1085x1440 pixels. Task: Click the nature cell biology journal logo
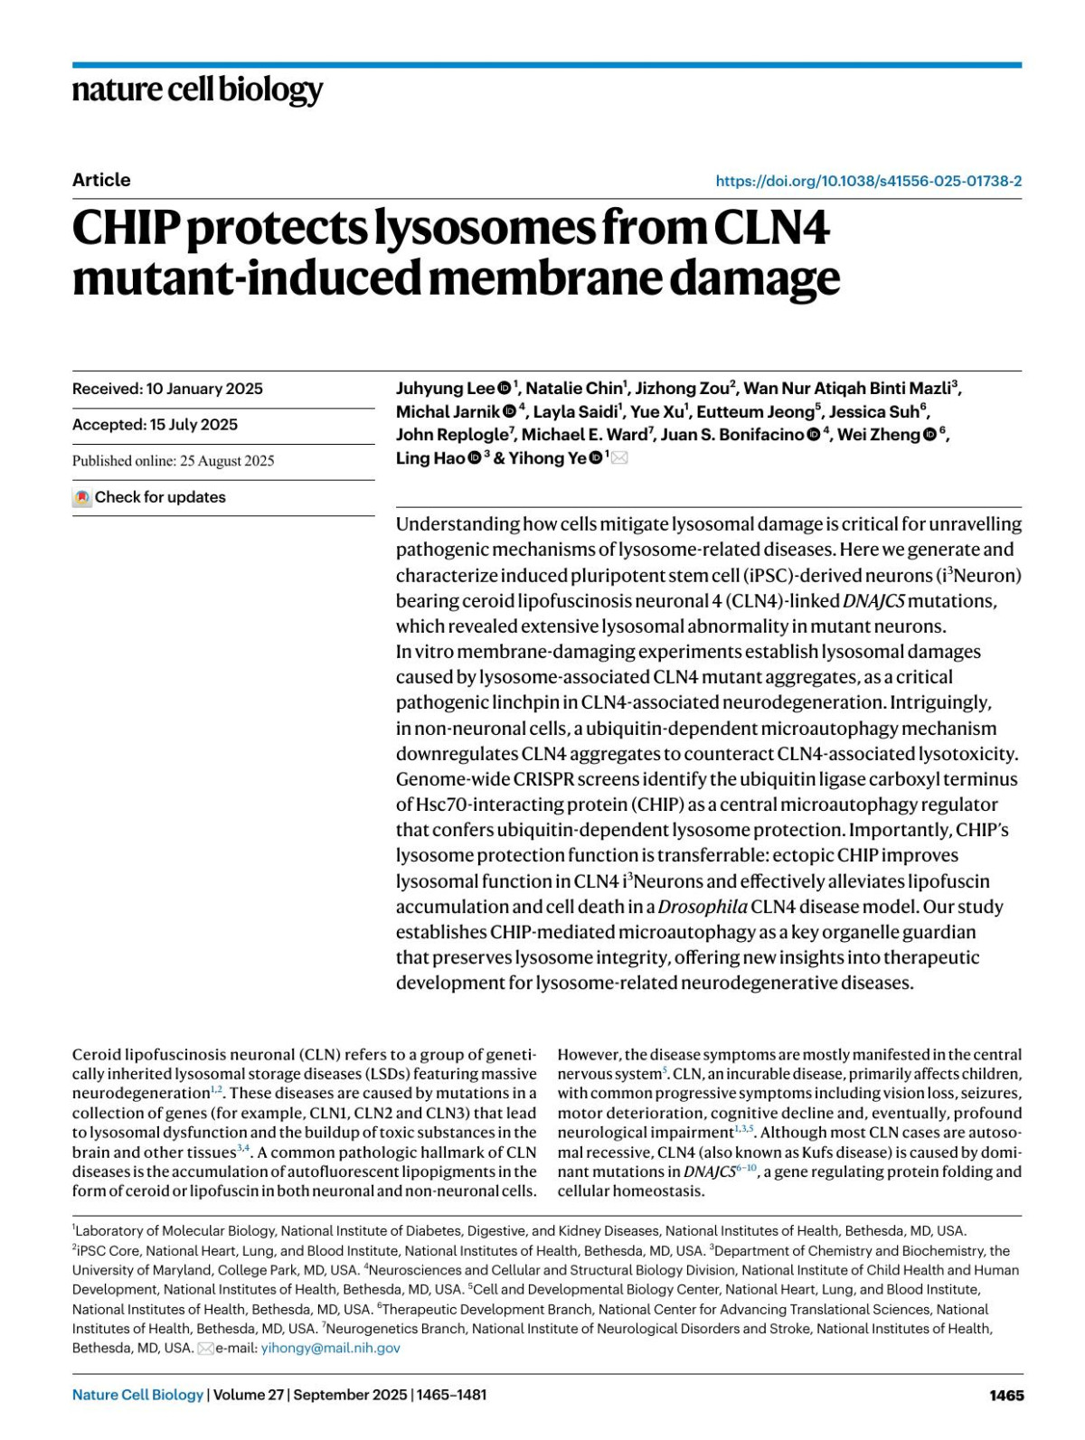pyautogui.click(x=197, y=89)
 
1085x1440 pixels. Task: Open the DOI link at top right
pyautogui.click(x=868, y=181)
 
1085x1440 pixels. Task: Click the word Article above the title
pyautogui.click(x=101, y=180)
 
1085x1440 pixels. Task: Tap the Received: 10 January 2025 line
pyautogui.click(x=167, y=389)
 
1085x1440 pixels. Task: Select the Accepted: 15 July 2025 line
pyautogui.click(x=155, y=425)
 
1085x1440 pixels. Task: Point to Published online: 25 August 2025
pyautogui.click(x=173, y=461)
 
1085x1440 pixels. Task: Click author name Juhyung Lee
pyautogui.click(x=445, y=389)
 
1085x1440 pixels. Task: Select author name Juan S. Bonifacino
pyautogui.click(x=731, y=435)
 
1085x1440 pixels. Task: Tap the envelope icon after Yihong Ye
pyautogui.click(x=619, y=458)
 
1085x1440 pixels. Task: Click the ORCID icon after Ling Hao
pyautogui.click(x=475, y=458)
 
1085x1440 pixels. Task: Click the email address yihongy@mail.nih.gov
pyautogui.click(x=330, y=1348)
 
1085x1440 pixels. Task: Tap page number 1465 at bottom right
pyautogui.click(x=1006, y=1395)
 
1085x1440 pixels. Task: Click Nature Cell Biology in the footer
pyautogui.click(x=137, y=1395)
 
